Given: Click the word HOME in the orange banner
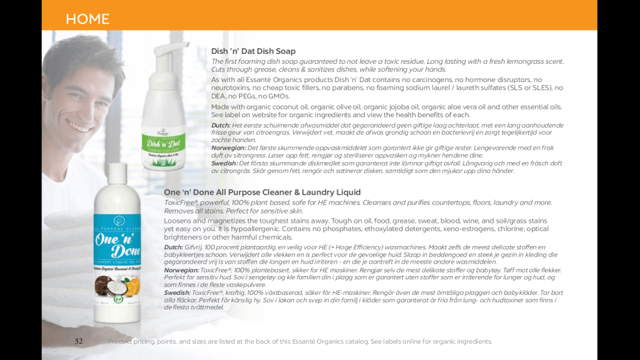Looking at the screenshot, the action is coord(88,19).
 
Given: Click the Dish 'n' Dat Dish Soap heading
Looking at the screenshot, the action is coord(253,51).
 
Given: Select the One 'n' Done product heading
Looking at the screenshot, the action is coord(262,192).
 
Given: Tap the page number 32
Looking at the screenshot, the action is coord(78,341).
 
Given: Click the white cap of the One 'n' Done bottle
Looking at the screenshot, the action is coord(117,173).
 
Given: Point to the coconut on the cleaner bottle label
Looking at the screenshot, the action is coord(105,285).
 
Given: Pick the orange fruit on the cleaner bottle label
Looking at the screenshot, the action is coord(132,287).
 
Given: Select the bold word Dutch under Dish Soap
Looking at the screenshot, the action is coord(220,125).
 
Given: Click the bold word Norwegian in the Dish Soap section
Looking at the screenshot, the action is coord(228,148).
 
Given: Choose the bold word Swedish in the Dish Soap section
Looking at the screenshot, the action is coord(225,163).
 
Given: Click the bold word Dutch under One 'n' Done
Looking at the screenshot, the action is coord(173,247).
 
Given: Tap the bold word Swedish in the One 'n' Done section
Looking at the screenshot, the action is coord(177,292).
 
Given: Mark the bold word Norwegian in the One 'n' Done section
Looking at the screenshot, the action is coord(181,270).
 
